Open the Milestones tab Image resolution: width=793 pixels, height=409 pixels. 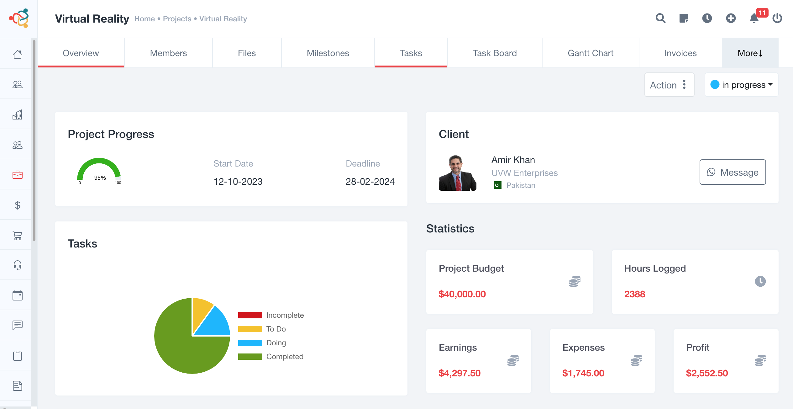(x=328, y=53)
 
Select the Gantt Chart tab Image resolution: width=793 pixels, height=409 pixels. (x=591, y=53)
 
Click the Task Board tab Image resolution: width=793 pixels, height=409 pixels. (x=495, y=53)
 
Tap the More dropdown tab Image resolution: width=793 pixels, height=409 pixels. (x=750, y=53)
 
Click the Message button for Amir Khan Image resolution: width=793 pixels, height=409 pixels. (x=733, y=172)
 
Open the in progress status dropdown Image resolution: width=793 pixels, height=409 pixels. (x=742, y=85)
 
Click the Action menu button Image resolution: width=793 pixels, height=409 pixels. (x=669, y=85)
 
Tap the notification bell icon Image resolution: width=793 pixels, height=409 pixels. (x=754, y=19)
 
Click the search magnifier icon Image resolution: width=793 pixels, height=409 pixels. (x=660, y=19)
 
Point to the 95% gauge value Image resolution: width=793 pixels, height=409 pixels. (x=100, y=178)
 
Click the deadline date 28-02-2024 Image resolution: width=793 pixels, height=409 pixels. (x=370, y=182)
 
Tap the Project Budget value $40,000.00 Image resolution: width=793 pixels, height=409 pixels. (x=462, y=294)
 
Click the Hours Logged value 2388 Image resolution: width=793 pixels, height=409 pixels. (x=634, y=294)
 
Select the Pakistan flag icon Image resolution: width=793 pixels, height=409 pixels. (x=497, y=185)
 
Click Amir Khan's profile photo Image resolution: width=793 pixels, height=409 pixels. (x=457, y=173)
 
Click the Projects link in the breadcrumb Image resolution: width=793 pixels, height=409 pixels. (x=177, y=19)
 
